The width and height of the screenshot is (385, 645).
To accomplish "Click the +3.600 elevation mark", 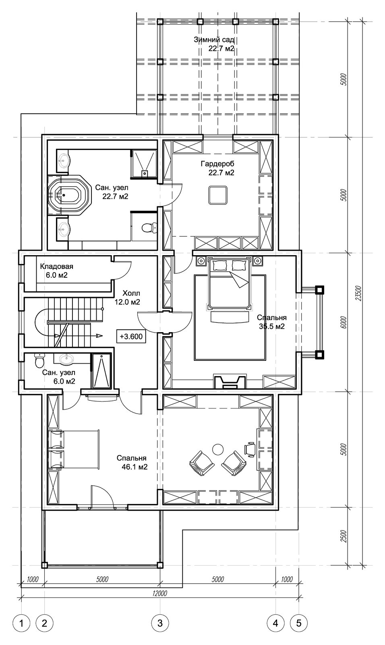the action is pos(131,336).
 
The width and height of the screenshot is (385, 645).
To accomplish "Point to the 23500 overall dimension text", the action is pos(358,293).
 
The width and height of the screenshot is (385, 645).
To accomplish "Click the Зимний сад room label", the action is pos(214,40).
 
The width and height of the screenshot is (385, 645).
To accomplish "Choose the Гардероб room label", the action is pos(217,164).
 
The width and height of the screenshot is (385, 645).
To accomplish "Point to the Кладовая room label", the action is pos(56,266).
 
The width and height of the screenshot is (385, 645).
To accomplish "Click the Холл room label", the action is pos(131,293).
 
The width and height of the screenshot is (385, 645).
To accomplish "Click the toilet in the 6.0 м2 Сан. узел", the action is pos(39,360).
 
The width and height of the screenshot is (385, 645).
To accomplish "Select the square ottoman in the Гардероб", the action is pos(218,195).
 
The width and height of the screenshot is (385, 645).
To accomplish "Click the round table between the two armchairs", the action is pos(218,449).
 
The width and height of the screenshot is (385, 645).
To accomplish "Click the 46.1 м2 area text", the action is pos(135,467).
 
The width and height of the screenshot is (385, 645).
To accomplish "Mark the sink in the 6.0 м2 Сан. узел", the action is pos(66,358).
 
